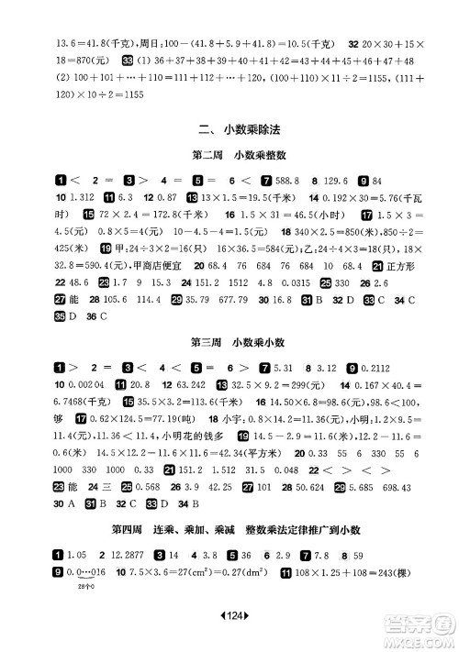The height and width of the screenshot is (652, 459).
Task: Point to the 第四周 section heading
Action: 229,529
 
